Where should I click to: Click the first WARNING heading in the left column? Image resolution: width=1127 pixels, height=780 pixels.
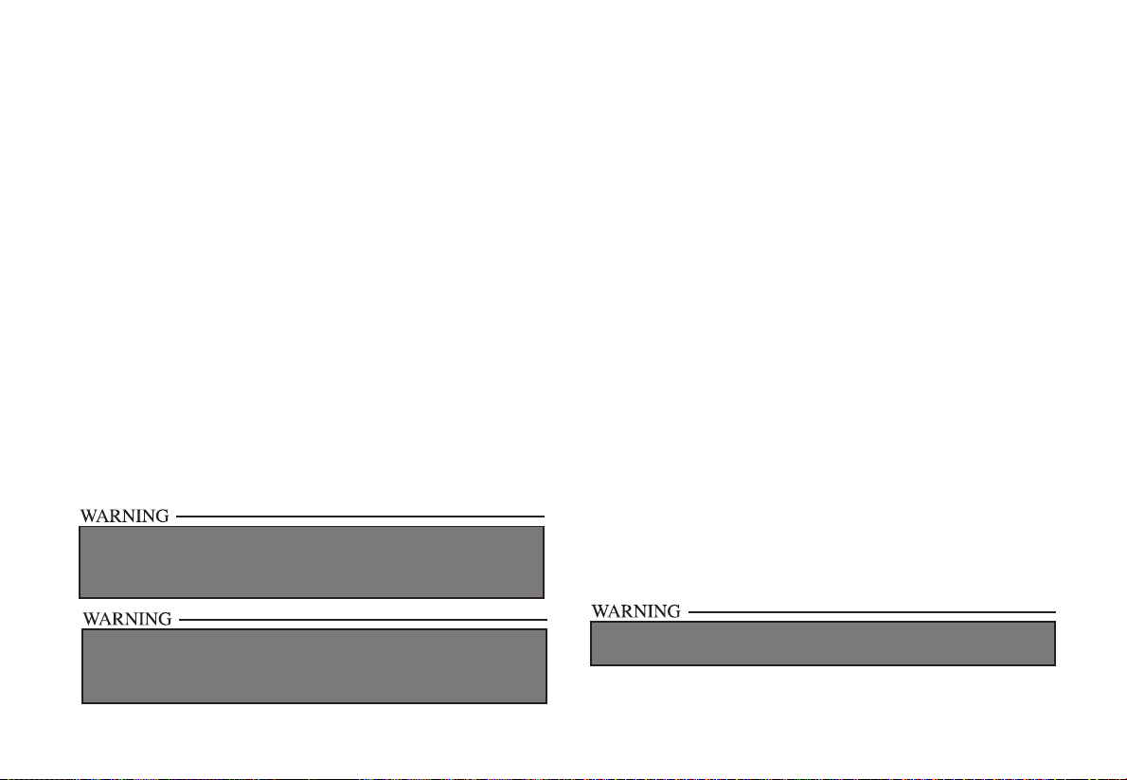124,517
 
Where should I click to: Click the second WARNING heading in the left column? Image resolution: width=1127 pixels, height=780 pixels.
128,620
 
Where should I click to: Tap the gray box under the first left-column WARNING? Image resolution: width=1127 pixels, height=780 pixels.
311,562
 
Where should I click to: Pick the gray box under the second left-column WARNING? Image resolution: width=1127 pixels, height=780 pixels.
314,666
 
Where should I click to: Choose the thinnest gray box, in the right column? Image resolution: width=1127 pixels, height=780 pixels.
822,644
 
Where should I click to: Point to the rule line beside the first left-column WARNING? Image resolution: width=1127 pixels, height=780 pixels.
360,517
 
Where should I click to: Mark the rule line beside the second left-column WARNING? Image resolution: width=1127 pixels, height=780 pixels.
364,620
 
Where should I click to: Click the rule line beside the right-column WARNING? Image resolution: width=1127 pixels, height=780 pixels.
871,611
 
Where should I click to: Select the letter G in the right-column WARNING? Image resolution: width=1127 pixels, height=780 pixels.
672,611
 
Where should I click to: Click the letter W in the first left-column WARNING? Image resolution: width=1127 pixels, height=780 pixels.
87,517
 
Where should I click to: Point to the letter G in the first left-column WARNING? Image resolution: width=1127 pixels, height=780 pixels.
162,517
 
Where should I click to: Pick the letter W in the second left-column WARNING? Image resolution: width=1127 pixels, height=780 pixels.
92,620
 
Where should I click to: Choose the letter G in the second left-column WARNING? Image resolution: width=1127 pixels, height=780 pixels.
165,620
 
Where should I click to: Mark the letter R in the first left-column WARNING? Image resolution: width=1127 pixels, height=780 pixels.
114,517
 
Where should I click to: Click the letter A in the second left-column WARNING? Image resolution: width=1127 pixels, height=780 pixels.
106,620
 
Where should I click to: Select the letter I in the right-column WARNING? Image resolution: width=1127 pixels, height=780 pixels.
651,611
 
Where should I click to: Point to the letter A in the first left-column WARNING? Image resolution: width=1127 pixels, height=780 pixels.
101,517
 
